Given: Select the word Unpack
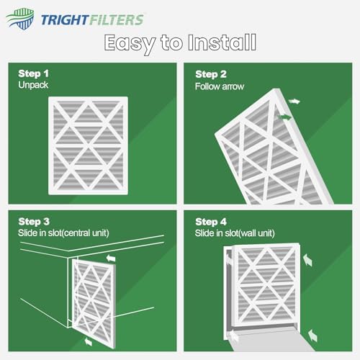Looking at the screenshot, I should coord(33,86).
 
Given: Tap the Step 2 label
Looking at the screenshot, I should coord(210,74).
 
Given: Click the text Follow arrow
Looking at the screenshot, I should coord(219,86).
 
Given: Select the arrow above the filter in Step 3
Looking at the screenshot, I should coord(110,256).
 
